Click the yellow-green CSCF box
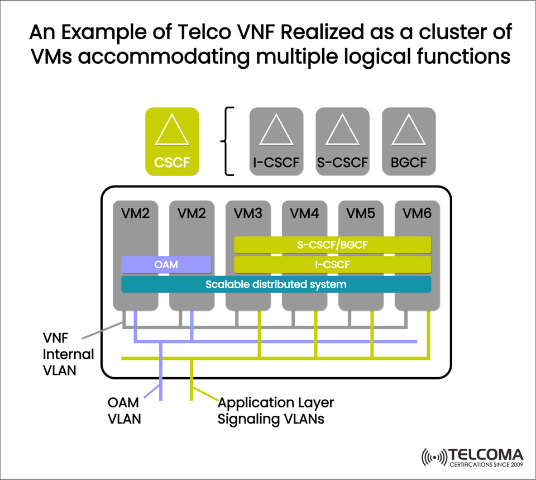click(x=172, y=141)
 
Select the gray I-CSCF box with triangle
click(x=276, y=141)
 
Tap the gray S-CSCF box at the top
click(x=342, y=141)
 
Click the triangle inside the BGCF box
click(x=408, y=132)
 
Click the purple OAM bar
click(x=166, y=264)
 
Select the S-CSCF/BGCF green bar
click(x=332, y=245)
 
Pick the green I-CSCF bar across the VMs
click(x=332, y=264)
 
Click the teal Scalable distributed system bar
click(x=276, y=284)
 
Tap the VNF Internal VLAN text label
click(x=68, y=354)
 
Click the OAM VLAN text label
click(x=124, y=410)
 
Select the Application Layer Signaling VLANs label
click(x=275, y=410)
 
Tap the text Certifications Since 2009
click(x=486, y=464)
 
